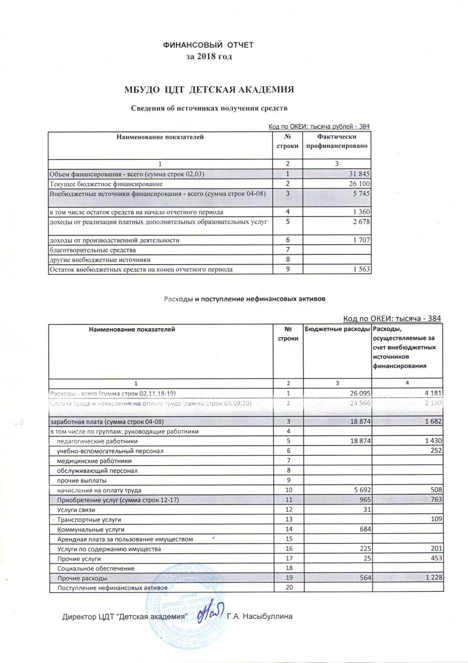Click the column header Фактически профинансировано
[337, 141]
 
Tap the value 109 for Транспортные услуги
[438, 520]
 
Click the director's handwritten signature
[210, 612]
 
